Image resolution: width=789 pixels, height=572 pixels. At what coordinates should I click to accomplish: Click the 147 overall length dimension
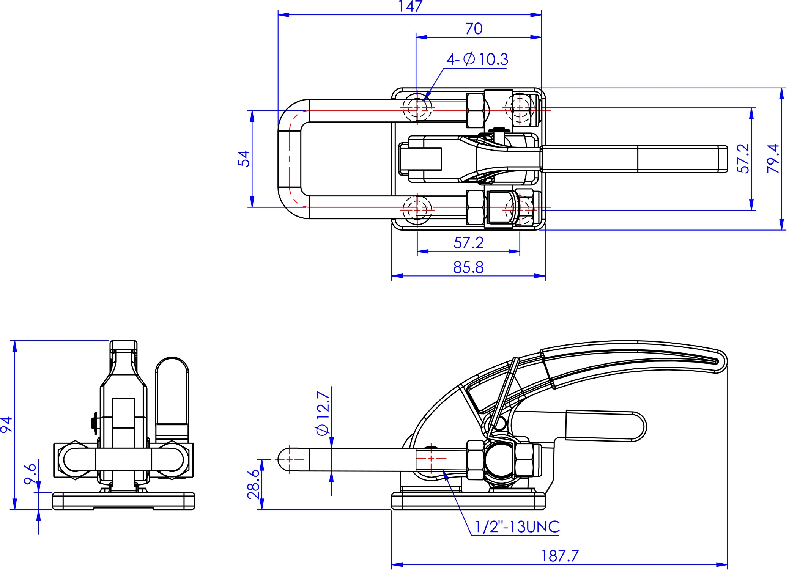[410, 6]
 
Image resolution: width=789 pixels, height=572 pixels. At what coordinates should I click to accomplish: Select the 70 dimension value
[474, 29]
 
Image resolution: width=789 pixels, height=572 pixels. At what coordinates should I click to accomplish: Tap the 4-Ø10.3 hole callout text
[477, 60]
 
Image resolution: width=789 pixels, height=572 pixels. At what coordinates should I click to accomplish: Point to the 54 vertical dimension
[244, 159]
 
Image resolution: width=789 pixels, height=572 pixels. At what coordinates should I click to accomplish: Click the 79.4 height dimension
[773, 159]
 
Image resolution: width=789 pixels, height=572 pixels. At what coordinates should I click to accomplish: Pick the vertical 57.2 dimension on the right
[743, 159]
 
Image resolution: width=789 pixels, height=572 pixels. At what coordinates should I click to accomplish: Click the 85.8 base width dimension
[469, 268]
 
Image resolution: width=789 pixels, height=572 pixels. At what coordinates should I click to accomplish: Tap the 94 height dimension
[7, 424]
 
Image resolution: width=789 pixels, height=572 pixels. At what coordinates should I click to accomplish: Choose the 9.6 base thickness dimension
[30, 473]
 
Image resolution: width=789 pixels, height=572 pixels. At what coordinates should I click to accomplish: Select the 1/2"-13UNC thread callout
[517, 527]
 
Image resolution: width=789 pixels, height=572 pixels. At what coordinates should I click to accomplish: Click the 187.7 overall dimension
[560, 556]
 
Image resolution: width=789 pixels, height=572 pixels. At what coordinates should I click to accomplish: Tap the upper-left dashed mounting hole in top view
[417, 108]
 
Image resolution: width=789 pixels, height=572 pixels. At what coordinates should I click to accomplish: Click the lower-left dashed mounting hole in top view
[417, 209]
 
